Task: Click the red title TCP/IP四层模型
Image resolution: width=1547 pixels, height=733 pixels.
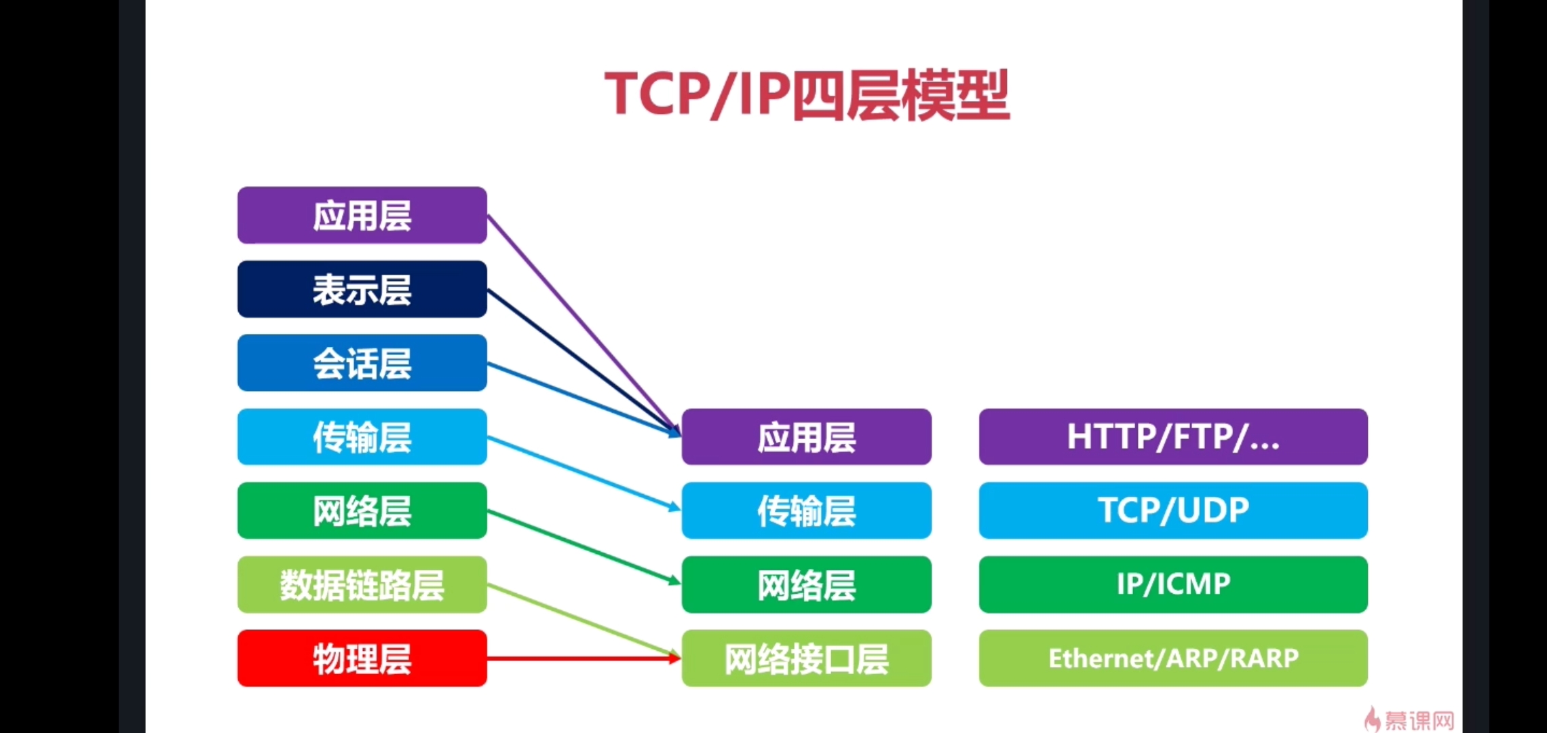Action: click(x=807, y=95)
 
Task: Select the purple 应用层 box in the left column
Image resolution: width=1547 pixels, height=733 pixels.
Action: click(x=362, y=215)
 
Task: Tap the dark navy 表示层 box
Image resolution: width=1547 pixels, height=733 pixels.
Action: click(x=362, y=289)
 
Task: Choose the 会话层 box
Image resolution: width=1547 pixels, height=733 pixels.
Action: click(x=362, y=363)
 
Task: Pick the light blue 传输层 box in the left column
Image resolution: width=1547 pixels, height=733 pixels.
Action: click(x=362, y=437)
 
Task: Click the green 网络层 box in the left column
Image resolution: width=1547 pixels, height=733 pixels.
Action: click(x=362, y=511)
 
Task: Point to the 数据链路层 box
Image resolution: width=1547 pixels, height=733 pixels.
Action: click(x=362, y=585)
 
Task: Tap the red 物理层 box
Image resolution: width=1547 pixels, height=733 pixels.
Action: click(x=362, y=658)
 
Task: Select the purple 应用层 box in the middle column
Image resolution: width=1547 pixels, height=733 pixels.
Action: click(x=806, y=437)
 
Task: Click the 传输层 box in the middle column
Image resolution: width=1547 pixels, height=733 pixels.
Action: click(x=806, y=511)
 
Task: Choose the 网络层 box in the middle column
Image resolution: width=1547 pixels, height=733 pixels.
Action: click(x=806, y=585)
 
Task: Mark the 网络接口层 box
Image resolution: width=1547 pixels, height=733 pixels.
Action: click(x=806, y=658)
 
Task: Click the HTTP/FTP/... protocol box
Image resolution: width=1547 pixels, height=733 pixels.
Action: click(x=1172, y=437)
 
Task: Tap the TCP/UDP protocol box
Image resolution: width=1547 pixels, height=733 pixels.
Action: click(x=1172, y=511)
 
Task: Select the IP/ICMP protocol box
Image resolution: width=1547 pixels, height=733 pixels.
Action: click(x=1172, y=585)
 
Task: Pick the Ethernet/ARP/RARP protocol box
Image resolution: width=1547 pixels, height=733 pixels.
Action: click(x=1172, y=658)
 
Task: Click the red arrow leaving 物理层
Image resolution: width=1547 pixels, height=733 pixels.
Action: click(x=584, y=658)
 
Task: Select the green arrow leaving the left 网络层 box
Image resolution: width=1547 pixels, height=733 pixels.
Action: click(x=584, y=546)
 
